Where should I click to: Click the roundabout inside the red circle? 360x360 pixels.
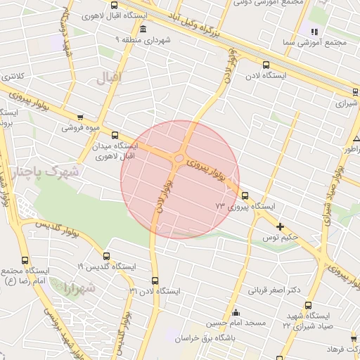tap(179, 159)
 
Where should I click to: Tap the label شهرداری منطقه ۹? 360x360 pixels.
tap(167, 41)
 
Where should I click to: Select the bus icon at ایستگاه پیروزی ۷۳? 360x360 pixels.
tap(245, 195)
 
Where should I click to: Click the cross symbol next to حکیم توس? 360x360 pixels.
tap(280, 226)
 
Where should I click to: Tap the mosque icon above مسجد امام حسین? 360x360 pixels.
tap(235, 312)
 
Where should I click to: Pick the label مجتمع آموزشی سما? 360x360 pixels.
tap(330, 43)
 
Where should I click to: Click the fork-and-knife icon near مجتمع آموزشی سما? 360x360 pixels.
tap(314, 32)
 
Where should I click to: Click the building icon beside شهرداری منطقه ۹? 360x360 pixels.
tap(143, 30)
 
